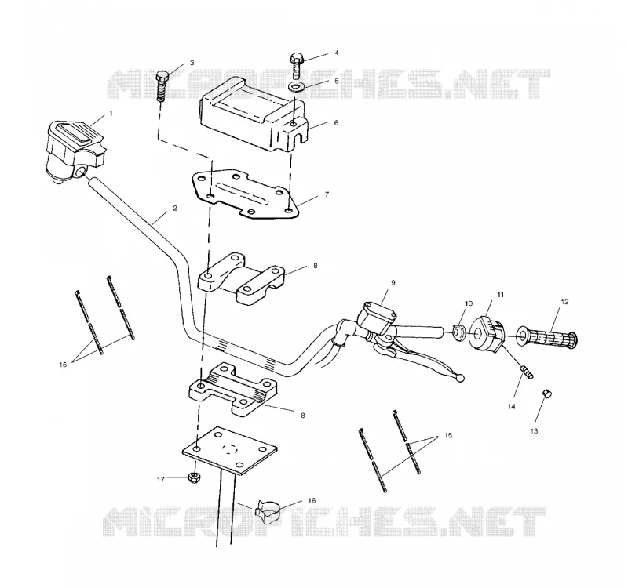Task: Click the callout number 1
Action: [x=111, y=114]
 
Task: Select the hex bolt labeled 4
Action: [x=297, y=65]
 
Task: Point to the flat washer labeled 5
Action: [x=296, y=86]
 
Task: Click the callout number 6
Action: [x=336, y=122]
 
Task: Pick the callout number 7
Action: [x=327, y=194]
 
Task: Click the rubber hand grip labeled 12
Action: [x=546, y=336]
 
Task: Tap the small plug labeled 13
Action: [x=546, y=394]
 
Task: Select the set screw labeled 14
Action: [x=527, y=372]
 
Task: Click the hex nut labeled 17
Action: [x=194, y=477]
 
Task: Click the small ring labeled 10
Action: [x=458, y=332]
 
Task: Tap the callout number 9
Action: [x=393, y=283]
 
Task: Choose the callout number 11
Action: [x=501, y=295]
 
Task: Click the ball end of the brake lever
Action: [x=461, y=378]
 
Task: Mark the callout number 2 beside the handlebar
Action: [x=175, y=208]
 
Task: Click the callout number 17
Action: [x=161, y=479]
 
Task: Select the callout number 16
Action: [x=312, y=500]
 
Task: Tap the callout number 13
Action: [x=535, y=430]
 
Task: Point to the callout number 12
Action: [x=564, y=302]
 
